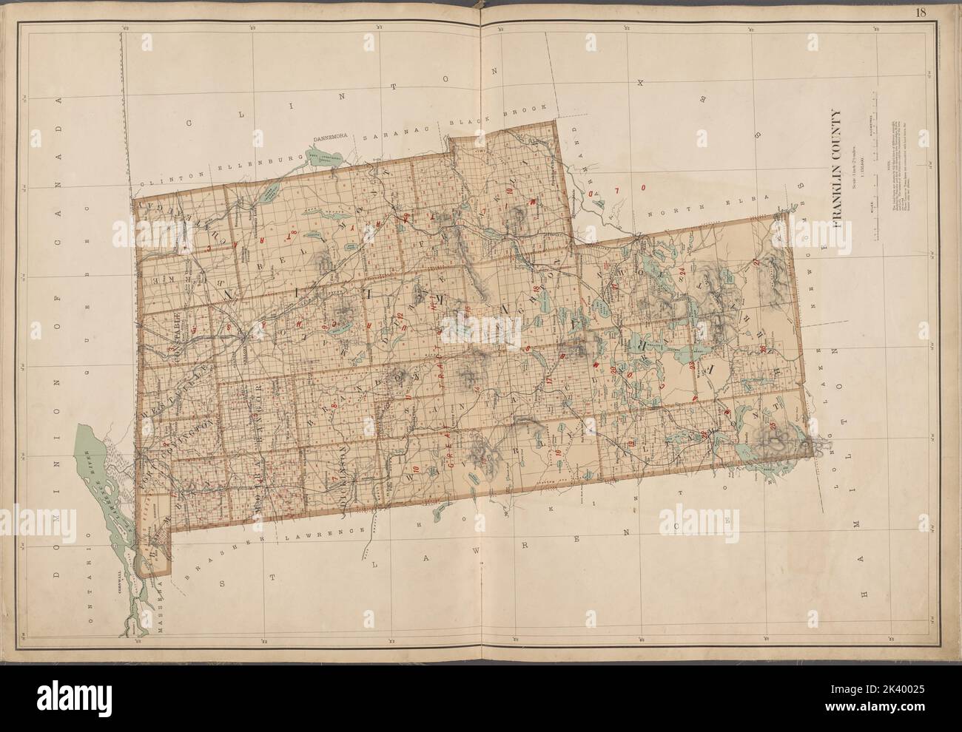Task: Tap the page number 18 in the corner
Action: point(941,12)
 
